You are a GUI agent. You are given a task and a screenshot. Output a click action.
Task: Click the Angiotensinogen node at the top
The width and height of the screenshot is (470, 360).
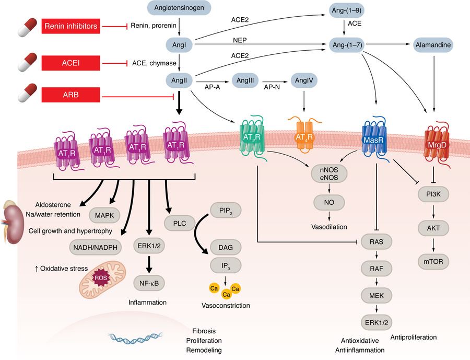pos(179,7)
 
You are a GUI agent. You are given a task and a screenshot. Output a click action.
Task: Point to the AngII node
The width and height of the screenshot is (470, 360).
pos(179,80)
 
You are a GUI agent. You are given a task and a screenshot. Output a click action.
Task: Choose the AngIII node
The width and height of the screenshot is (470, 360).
pos(245,80)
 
